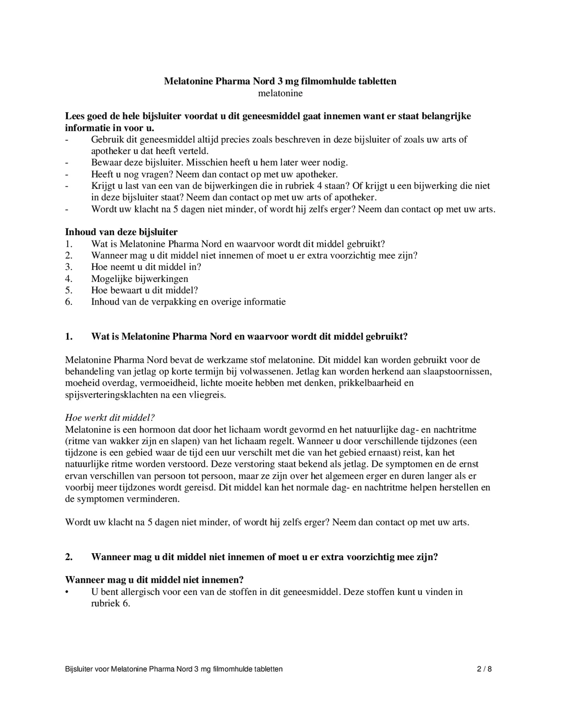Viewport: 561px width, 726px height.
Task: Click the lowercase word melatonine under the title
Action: [280, 93]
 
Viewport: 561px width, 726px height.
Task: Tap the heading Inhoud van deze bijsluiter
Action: [121, 232]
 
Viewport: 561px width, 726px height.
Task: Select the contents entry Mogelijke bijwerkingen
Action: [139, 279]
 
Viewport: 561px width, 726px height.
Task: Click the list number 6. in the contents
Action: [69, 302]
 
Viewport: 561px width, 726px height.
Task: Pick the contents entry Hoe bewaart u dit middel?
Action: [144, 290]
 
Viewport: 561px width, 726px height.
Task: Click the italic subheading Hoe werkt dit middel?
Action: [110, 418]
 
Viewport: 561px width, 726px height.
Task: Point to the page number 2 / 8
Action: [484, 669]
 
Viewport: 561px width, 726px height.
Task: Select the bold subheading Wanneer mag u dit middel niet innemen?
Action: [154, 580]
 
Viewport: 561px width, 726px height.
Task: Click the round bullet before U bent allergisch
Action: [66, 592]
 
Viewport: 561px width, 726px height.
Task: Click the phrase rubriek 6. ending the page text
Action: [110, 604]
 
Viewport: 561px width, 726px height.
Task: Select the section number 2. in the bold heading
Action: [69, 557]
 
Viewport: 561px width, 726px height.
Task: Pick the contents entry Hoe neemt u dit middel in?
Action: [146, 267]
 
